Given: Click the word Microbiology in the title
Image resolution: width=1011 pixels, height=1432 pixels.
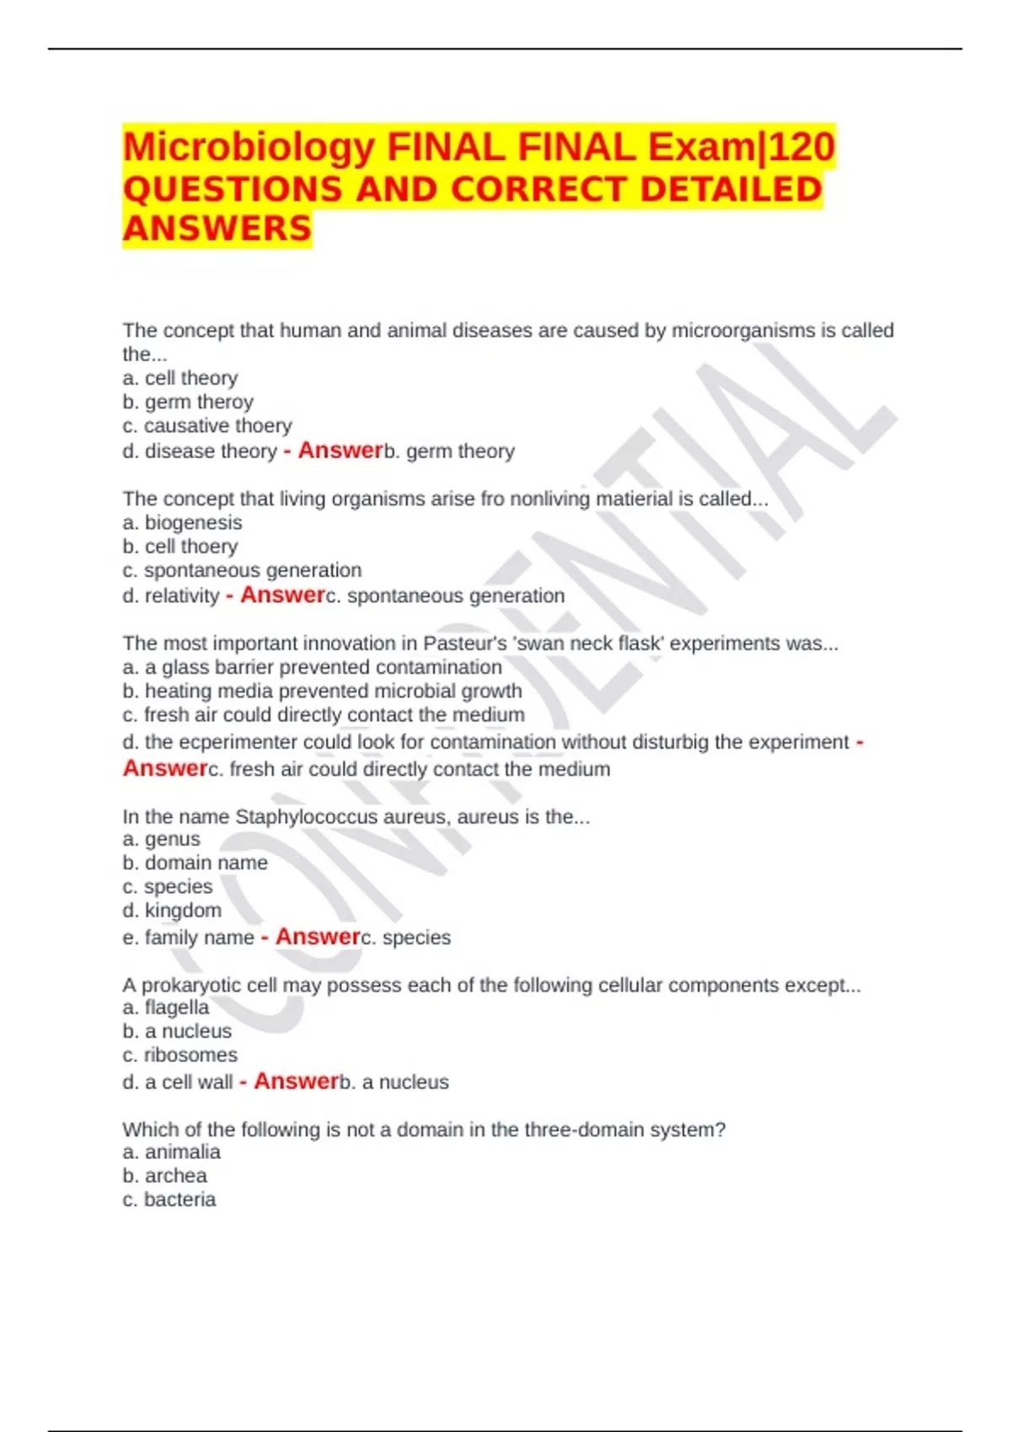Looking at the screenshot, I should click(249, 148).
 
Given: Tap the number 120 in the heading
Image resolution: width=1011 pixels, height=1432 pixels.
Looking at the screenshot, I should click(801, 148).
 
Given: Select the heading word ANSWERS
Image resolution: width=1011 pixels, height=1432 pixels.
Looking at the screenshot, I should click(217, 228).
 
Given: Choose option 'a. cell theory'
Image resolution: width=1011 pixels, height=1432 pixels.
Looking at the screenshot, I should click(180, 378).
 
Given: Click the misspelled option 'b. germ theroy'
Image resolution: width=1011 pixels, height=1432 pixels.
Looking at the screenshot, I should click(188, 402).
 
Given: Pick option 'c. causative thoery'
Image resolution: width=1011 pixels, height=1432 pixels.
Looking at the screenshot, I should click(207, 425).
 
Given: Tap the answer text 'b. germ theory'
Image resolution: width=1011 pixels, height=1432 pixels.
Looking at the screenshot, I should click(449, 452).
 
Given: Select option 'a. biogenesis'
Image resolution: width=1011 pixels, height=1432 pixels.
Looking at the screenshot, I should click(182, 522).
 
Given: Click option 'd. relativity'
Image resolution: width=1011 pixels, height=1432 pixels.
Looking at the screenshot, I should click(171, 596).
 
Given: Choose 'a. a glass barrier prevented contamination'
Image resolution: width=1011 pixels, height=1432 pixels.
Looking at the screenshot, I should click(312, 667).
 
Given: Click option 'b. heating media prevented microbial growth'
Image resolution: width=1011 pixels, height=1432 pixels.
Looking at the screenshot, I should click(322, 691).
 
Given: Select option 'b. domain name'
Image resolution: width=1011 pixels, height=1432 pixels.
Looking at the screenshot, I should click(195, 863).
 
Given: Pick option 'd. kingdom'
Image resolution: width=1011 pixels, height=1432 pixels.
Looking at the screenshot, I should click(172, 910).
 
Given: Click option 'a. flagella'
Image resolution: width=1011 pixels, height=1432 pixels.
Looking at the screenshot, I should click(166, 1007).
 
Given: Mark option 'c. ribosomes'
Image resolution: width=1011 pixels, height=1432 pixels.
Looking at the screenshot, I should click(179, 1055).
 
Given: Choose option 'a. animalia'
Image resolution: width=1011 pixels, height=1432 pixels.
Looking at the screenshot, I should click(171, 1151).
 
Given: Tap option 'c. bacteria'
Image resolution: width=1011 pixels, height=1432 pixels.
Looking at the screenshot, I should click(168, 1199).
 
